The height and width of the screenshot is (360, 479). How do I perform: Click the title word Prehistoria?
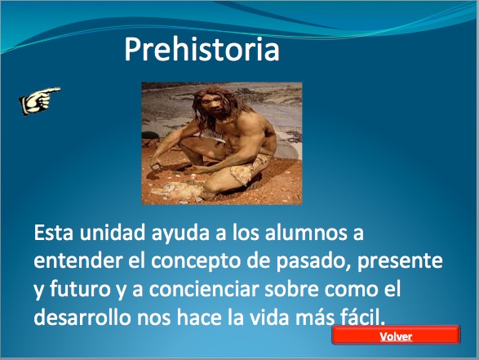202,49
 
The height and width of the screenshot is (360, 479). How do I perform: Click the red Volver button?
396,336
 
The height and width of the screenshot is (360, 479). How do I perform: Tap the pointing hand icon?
39,101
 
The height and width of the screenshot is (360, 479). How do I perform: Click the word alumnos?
306,233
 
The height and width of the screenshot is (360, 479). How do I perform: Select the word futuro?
79,289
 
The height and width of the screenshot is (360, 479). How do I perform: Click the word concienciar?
204,289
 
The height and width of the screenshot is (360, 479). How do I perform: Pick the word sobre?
291,289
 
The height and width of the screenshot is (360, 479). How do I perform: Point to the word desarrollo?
82,318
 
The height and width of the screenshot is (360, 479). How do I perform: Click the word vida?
269,318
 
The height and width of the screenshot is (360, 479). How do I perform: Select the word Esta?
54,233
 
